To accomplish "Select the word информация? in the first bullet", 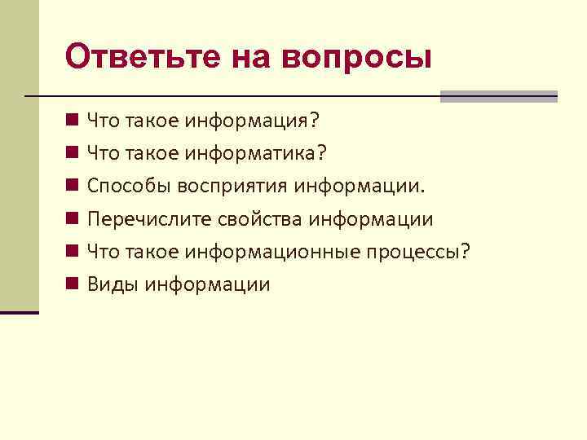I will (253, 121).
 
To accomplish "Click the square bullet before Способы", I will (73, 186).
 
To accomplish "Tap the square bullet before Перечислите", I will (73, 218).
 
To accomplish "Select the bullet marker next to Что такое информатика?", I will (73, 153).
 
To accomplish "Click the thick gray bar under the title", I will (498, 96).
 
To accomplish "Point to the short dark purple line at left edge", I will (20, 311).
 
